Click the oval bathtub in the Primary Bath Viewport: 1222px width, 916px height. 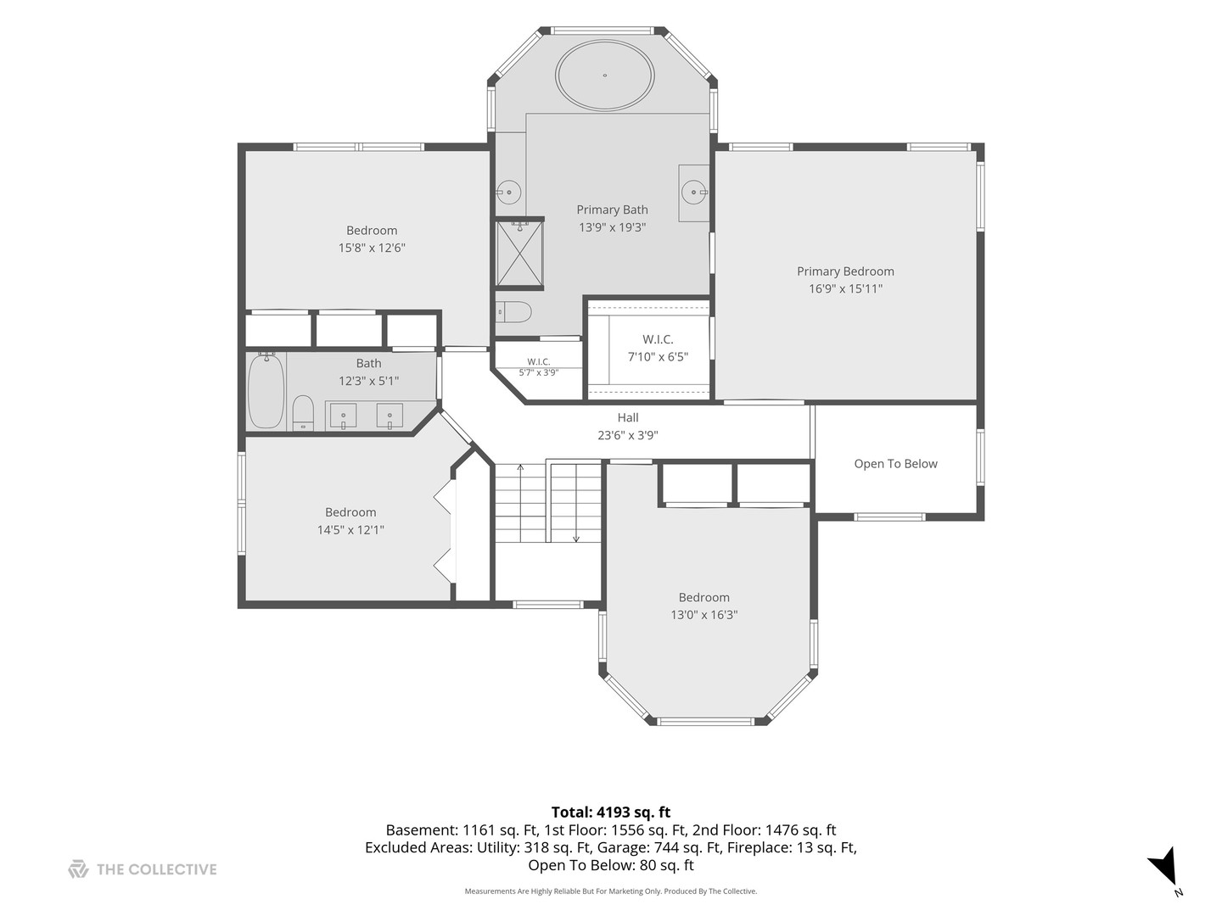(604, 75)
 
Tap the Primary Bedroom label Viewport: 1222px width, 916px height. (845, 271)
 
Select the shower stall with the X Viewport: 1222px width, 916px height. (520, 253)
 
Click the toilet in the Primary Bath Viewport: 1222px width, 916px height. (514, 312)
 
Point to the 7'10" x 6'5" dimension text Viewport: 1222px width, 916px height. (658, 356)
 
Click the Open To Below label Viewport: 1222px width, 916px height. (896, 464)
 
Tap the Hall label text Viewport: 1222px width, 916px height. (628, 417)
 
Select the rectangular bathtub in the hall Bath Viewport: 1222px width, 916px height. (266, 391)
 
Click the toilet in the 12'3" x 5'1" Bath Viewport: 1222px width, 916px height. (303, 413)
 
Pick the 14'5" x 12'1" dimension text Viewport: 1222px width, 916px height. (350, 530)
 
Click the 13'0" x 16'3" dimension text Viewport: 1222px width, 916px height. (704, 615)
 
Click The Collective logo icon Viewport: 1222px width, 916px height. (78, 869)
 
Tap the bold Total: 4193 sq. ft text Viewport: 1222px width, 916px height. (611, 813)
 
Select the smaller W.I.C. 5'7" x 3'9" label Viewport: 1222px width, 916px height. (538, 367)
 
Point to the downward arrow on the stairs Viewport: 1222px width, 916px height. (576, 503)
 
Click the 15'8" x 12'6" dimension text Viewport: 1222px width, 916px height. (372, 248)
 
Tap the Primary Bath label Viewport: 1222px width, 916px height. (612, 209)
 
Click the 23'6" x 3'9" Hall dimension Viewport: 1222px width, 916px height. (628, 435)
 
